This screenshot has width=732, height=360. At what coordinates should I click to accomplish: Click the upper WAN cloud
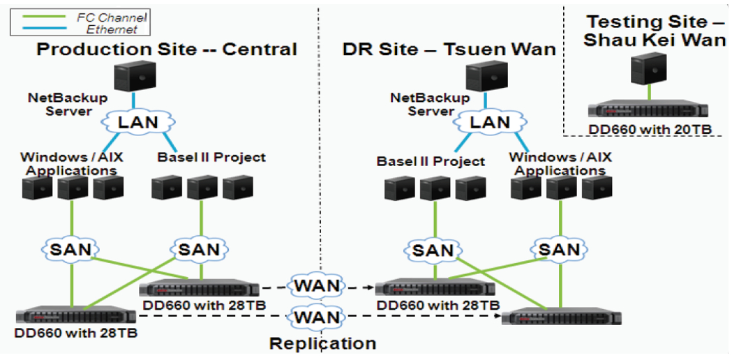point(318,285)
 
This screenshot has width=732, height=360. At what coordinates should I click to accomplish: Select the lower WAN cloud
point(318,317)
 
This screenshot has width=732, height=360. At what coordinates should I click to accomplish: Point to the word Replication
point(322,343)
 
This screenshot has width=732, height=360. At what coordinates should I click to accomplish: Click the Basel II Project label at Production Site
point(212,157)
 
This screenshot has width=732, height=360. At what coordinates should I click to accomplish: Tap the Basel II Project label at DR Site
point(431,161)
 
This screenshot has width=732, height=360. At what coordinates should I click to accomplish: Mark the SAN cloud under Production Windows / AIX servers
point(71,248)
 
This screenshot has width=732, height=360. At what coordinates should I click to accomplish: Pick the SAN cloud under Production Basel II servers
point(202,248)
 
